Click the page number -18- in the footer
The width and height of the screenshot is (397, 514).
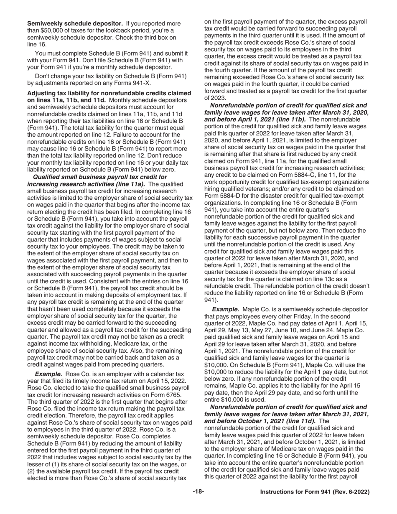coord(198,492)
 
